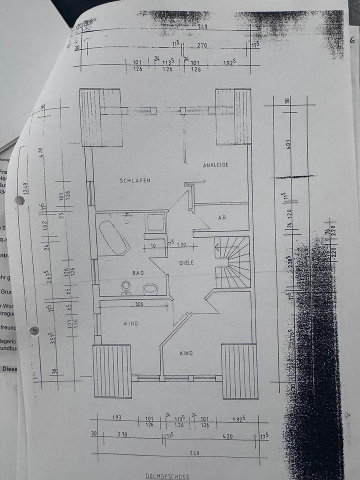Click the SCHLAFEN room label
coord(135,180)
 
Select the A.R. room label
coord(222,218)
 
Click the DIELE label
coord(186,262)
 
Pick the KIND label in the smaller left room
coord(130,323)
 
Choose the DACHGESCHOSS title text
coord(167,476)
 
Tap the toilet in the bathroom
coord(125,286)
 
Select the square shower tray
coord(155,222)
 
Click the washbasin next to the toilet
coord(150,289)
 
